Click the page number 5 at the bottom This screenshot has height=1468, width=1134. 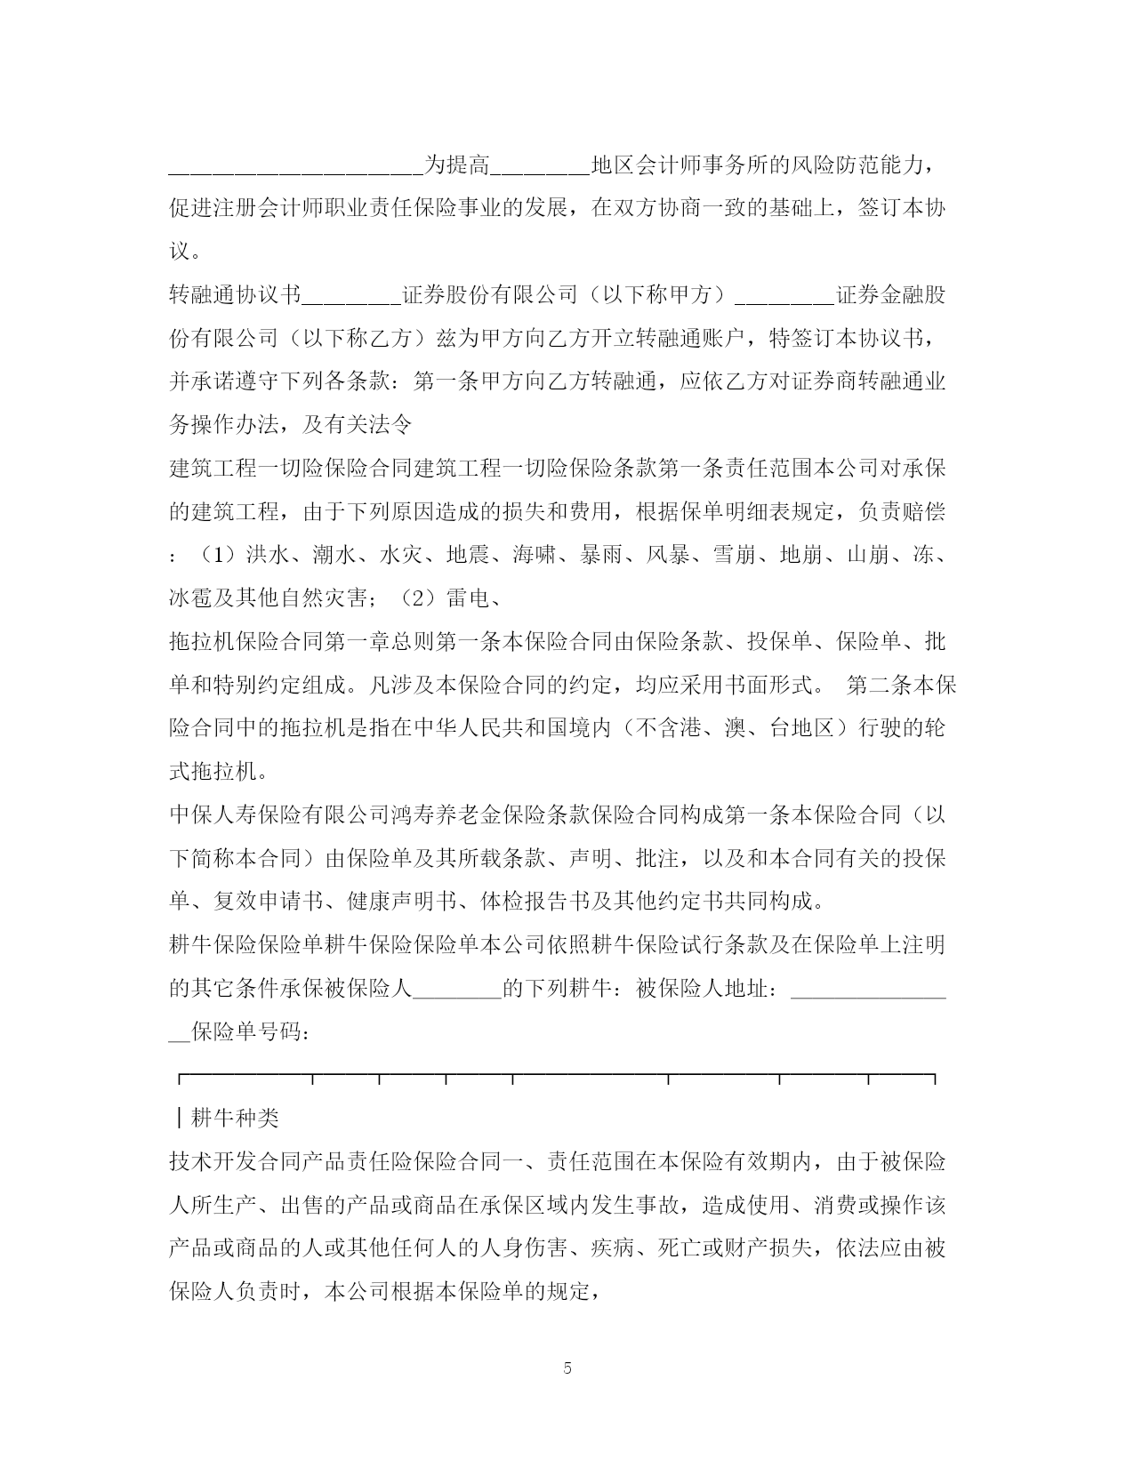567,1368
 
